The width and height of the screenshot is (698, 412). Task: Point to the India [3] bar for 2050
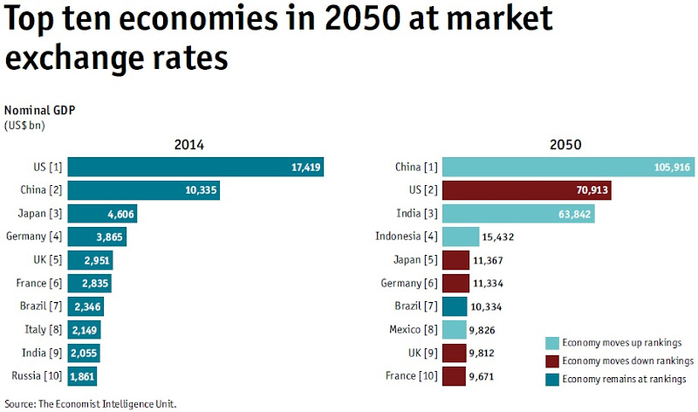(518, 214)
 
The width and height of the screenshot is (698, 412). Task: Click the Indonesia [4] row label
(406, 237)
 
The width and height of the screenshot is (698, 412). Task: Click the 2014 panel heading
(189, 145)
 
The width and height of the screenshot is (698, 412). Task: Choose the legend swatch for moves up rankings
(551, 342)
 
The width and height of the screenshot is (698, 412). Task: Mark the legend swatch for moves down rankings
(551, 360)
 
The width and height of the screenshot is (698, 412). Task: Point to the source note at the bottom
(91, 404)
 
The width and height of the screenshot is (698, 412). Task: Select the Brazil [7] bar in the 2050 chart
(455, 306)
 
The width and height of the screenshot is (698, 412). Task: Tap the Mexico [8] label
(414, 330)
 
